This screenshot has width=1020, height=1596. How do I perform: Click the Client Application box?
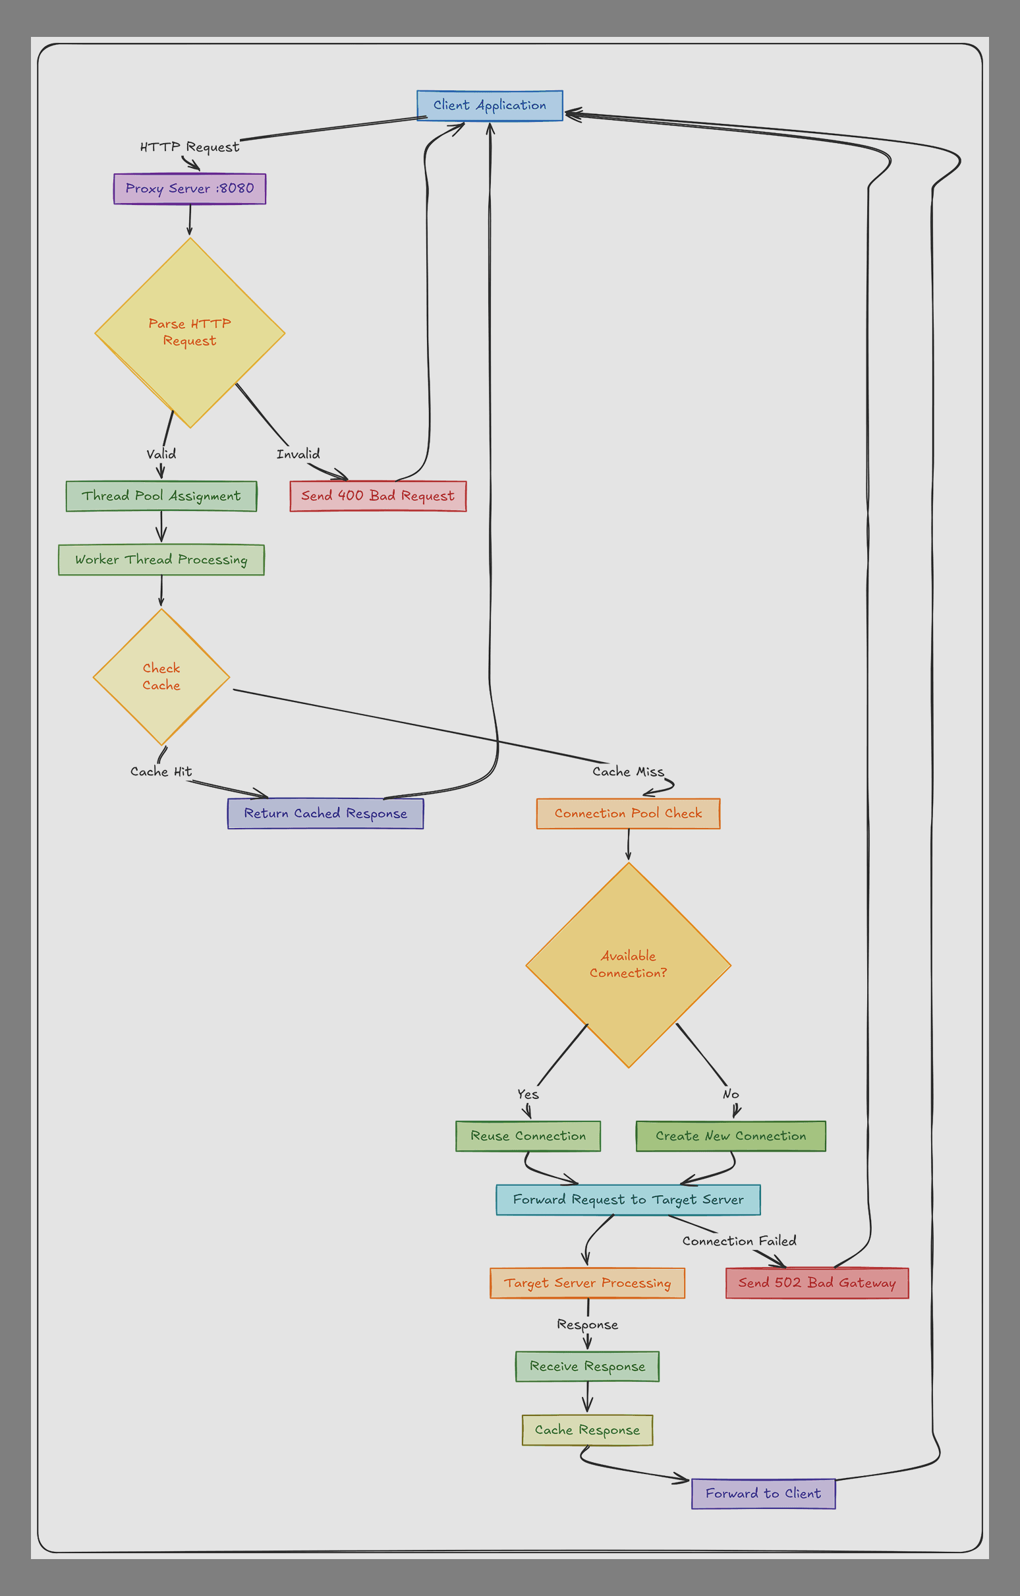point(490,105)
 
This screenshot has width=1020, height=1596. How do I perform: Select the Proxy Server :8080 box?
point(189,189)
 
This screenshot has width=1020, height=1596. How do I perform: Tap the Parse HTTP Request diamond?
point(189,332)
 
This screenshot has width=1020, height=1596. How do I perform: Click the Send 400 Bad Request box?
point(378,496)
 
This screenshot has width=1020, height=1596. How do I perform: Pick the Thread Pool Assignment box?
point(161,496)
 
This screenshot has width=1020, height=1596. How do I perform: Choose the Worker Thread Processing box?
point(161,560)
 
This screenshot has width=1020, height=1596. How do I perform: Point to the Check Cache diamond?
point(161,677)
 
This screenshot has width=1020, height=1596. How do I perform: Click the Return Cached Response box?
point(326,813)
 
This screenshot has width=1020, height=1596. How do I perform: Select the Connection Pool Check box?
point(628,813)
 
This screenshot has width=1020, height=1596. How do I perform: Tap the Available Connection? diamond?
point(628,964)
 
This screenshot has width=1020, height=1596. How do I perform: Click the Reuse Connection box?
point(528,1136)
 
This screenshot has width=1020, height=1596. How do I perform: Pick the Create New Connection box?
point(731,1136)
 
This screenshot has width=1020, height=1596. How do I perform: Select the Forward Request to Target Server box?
point(628,1200)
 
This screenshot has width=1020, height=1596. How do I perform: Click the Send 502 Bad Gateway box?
point(816,1282)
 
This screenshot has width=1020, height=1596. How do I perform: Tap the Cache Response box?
point(587,1431)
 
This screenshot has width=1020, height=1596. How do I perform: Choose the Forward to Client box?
point(763,1493)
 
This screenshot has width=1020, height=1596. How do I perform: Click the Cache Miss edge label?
point(628,771)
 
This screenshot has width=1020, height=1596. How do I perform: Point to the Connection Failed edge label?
point(739,1241)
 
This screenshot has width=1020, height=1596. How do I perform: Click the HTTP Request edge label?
point(189,147)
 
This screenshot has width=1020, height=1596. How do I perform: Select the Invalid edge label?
point(298,454)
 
